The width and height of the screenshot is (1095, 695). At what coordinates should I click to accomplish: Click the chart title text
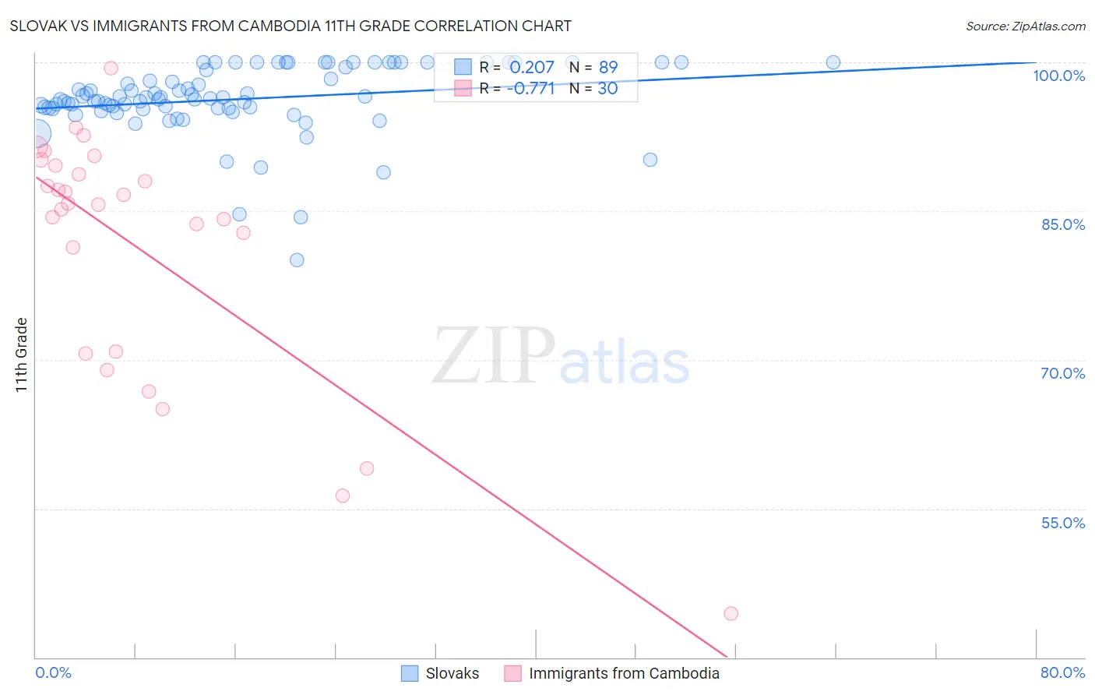click(x=290, y=26)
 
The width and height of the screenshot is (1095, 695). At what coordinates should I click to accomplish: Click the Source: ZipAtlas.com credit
click(x=1025, y=26)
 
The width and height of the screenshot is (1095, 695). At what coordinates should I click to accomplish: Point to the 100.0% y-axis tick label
click(x=1058, y=76)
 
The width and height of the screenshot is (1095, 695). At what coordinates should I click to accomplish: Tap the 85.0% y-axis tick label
click(x=1062, y=224)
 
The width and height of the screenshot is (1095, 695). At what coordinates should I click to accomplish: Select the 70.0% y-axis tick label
click(x=1062, y=373)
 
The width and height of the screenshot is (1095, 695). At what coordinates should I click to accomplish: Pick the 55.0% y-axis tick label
click(x=1062, y=523)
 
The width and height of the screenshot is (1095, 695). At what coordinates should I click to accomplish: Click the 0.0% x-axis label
click(x=53, y=672)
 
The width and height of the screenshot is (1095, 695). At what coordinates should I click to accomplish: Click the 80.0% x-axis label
click(x=1062, y=672)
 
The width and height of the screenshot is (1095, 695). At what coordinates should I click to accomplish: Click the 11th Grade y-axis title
click(x=22, y=355)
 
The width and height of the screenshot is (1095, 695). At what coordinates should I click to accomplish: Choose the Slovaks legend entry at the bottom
click(x=441, y=673)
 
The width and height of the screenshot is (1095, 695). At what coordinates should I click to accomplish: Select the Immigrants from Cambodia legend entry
click(x=612, y=673)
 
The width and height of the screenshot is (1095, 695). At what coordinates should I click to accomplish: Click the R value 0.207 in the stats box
click(x=532, y=68)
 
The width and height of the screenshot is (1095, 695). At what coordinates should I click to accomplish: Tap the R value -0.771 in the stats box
click(x=530, y=89)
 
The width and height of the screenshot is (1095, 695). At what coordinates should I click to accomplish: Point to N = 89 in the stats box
click(x=593, y=68)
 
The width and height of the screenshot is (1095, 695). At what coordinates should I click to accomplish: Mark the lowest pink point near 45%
click(x=731, y=613)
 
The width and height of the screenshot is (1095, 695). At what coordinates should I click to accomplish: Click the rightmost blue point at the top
click(x=833, y=62)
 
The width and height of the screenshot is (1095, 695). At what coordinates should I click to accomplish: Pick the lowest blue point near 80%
click(x=297, y=260)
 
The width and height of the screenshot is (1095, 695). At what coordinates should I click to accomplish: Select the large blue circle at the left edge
click(x=36, y=136)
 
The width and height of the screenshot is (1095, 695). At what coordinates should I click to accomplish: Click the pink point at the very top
click(x=111, y=69)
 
